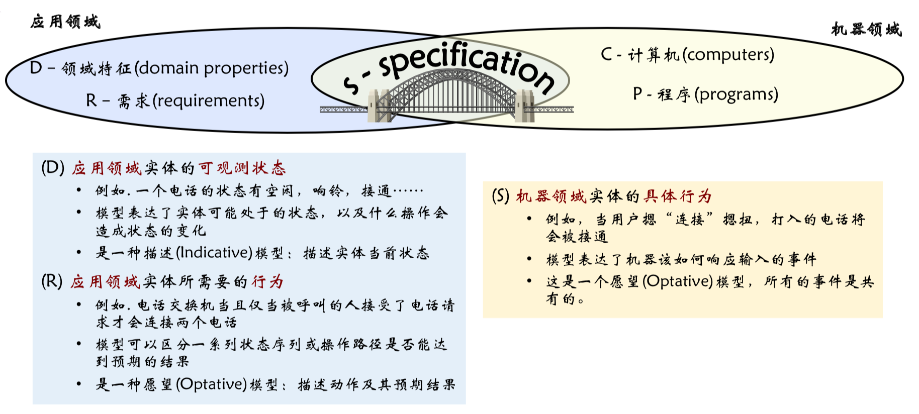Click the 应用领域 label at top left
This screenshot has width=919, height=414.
[x=65, y=22]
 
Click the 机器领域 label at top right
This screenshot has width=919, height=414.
[x=866, y=30]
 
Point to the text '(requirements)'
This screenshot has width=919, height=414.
[x=208, y=100]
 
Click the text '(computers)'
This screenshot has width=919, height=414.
[x=728, y=54]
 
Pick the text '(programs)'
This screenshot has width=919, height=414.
[x=736, y=94]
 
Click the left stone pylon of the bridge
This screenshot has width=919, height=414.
[x=379, y=106]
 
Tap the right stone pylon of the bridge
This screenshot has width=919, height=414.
[x=524, y=106]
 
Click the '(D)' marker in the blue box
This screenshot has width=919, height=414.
[x=53, y=168]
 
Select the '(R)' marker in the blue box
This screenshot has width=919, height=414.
[x=52, y=281]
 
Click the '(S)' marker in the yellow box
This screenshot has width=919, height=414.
[x=500, y=196]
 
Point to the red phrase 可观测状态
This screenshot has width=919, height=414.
[x=242, y=168]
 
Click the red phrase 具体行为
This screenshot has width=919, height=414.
[x=678, y=196]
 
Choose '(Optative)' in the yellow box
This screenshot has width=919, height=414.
[x=677, y=281]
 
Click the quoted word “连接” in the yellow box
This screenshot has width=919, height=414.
[x=689, y=220]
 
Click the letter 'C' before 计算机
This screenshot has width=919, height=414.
[x=606, y=54]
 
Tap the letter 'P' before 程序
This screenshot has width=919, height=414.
[x=637, y=94]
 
